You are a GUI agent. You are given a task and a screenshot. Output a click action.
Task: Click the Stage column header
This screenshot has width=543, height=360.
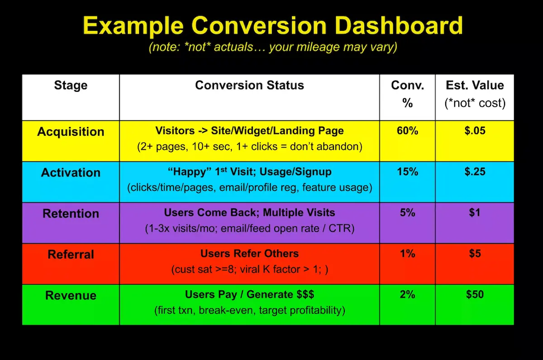[71, 85]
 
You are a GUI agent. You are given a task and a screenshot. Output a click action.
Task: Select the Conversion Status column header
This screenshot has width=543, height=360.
[249, 85]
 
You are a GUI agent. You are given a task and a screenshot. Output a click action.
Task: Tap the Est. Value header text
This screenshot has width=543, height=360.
[474, 85]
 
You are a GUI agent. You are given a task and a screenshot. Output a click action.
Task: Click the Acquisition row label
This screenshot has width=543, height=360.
[71, 132]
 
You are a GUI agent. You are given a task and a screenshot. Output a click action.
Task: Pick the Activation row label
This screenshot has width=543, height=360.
[71, 172]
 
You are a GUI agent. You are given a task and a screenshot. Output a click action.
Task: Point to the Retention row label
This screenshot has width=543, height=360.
[71, 213]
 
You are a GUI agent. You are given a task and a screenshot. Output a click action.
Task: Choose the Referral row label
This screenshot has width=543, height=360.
[71, 254]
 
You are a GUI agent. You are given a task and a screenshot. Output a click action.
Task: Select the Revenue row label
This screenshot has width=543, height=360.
[71, 295]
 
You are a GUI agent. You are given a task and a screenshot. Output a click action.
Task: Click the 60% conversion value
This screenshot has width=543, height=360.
[407, 131]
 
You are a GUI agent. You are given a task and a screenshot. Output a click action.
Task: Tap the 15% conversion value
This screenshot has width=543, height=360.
[407, 172]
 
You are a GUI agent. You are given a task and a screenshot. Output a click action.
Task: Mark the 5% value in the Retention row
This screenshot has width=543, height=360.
[407, 213]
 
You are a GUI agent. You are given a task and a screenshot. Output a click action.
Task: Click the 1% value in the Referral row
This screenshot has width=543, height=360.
[407, 253]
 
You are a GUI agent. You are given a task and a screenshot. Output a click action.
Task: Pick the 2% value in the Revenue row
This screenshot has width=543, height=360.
[407, 294]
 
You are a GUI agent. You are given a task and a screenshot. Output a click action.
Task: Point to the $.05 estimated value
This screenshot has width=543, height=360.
[475, 131]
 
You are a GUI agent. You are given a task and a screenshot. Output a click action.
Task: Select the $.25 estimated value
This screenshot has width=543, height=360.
[475, 172]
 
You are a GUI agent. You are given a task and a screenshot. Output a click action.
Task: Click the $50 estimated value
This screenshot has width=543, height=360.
[475, 294]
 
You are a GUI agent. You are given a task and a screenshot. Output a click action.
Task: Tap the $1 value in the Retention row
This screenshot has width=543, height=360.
[475, 213]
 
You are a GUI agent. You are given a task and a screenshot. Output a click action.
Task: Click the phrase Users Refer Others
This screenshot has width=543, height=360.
[249, 254]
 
